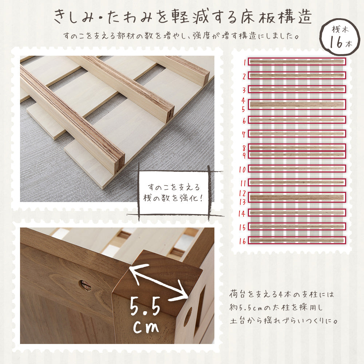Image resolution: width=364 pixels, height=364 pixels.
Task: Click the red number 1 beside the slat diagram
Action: [245, 62]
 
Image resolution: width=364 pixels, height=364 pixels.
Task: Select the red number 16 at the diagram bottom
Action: [243, 241]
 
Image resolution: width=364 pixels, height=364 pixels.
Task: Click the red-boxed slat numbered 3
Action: [297, 89]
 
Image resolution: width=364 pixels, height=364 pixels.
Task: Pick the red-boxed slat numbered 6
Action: [297, 120]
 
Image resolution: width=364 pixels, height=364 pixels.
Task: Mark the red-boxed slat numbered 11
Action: [297, 182]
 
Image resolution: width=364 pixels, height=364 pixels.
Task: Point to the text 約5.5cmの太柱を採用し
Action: [276, 308]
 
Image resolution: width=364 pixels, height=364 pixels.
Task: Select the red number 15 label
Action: [243, 227]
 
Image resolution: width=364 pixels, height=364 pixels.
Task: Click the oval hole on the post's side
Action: [188, 316]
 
